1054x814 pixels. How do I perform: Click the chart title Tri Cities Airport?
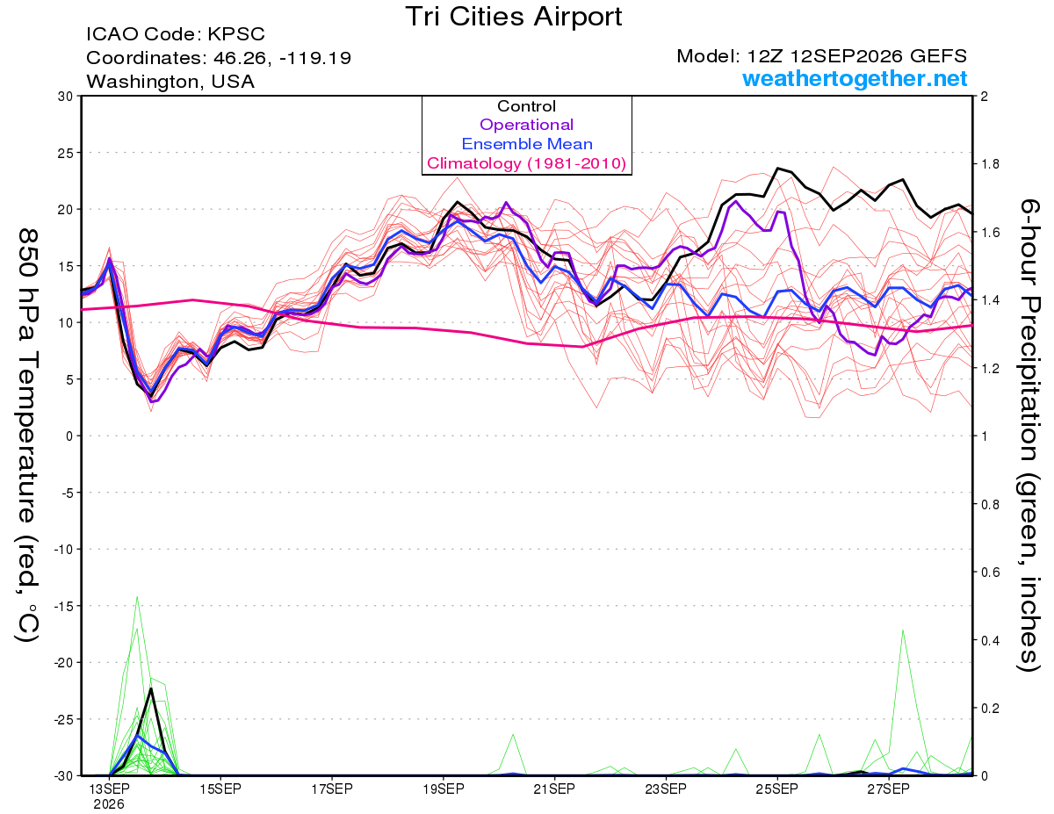(513, 18)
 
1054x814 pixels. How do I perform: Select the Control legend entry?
(526, 106)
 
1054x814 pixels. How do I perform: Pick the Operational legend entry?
(526, 125)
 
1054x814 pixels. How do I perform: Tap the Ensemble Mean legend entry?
(527, 144)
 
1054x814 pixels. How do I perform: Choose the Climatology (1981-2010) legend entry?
(526, 163)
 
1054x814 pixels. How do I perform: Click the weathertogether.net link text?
(855, 78)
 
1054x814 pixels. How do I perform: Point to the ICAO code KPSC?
(236, 34)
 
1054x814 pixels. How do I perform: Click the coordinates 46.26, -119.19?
(282, 58)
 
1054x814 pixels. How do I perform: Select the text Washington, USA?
(170, 82)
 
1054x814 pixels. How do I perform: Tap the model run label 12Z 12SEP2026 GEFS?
(856, 56)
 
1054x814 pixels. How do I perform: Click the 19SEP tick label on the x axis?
(444, 789)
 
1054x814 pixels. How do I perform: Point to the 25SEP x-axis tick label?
(777, 789)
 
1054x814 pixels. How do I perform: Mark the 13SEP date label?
(109, 789)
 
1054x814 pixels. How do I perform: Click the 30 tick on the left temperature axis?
(66, 97)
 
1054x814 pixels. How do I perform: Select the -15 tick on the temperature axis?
(63, 606)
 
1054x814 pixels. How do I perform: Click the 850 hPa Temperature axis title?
(27, 436)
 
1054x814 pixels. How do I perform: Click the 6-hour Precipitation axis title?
(1029, 435)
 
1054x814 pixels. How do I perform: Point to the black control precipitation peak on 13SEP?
(151, 689)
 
